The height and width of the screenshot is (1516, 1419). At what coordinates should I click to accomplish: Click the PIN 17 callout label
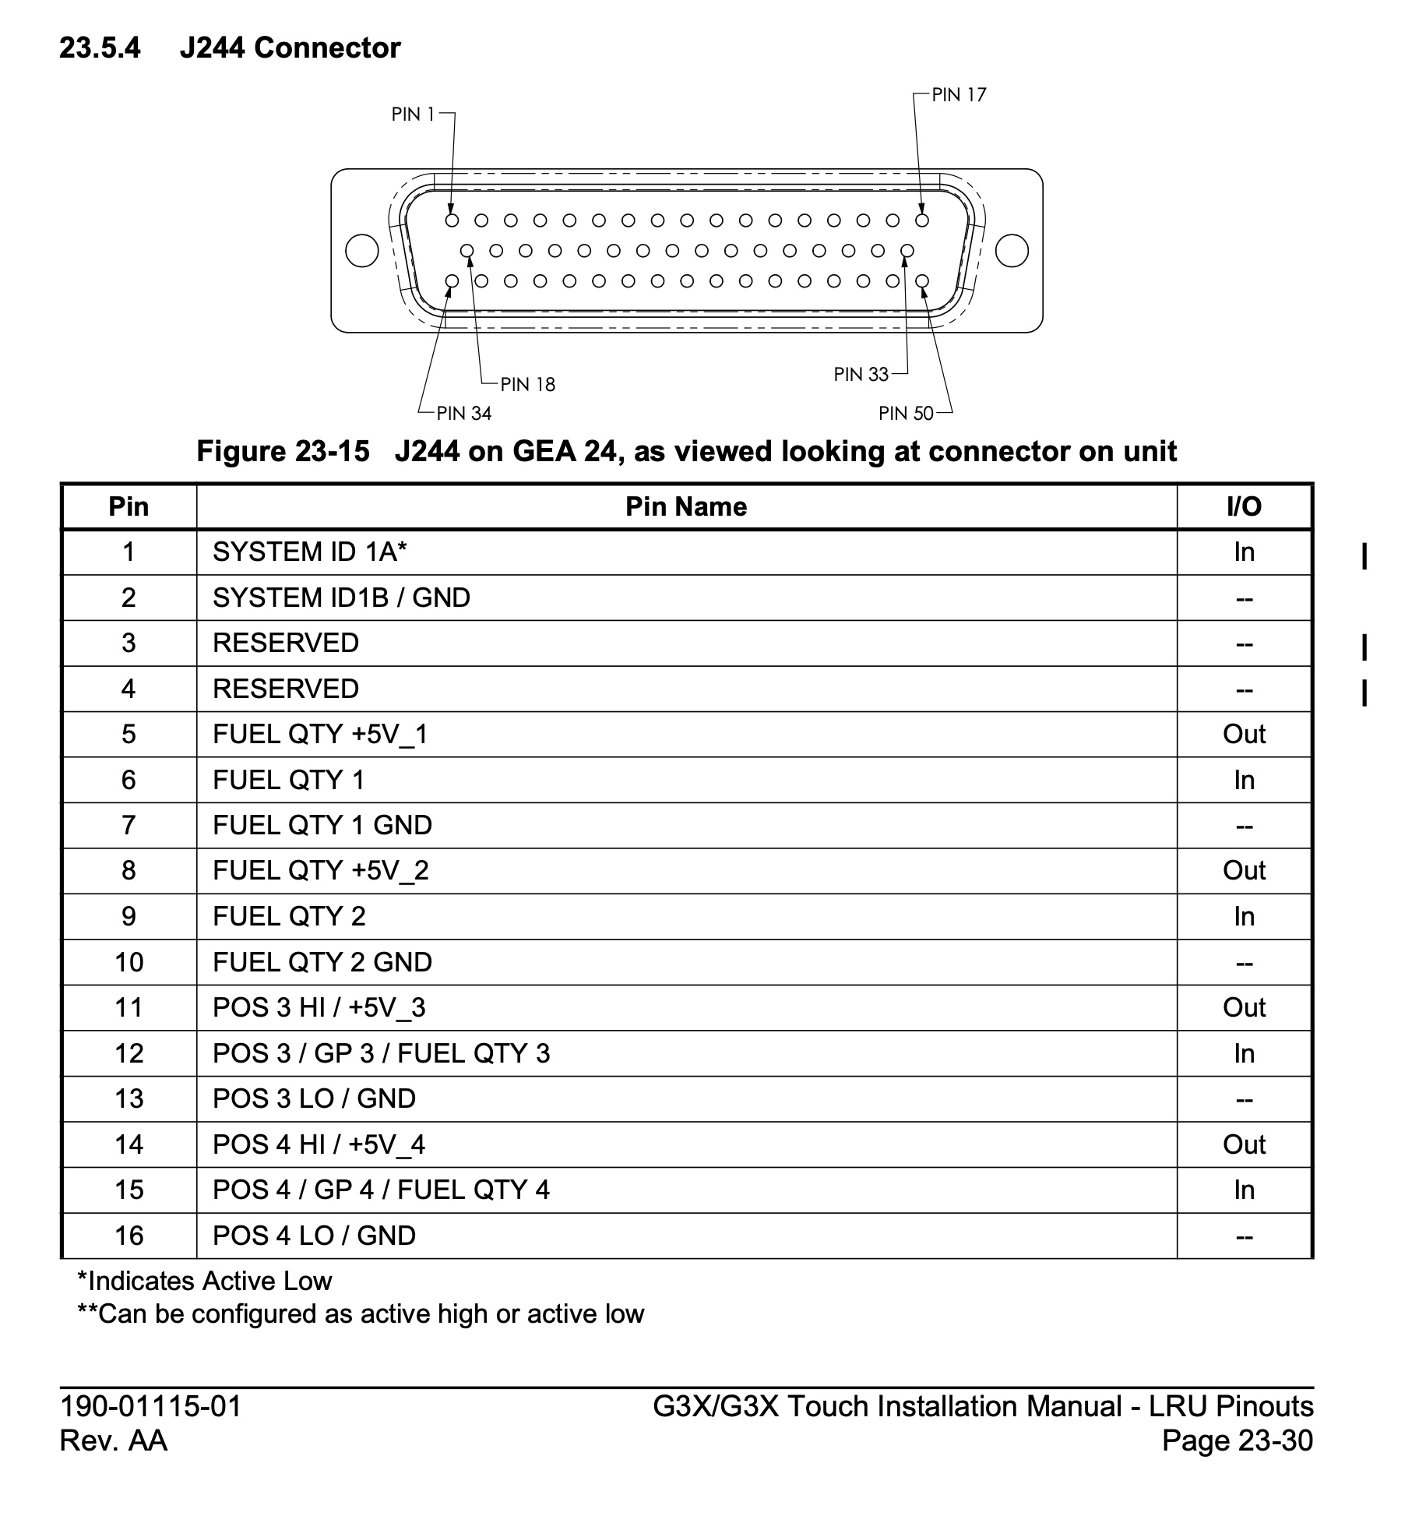(x=959, y=95)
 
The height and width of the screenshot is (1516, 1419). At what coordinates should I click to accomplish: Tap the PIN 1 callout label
(x=413, y=115)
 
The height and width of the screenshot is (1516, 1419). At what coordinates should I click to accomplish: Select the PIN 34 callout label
(x=464, y=414)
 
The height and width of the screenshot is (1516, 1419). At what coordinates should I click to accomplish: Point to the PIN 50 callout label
(x=906, y=414)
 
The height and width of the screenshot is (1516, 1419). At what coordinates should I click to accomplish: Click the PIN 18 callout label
(x=528, y=384)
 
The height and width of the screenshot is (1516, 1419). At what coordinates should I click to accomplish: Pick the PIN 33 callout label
(x=861, y=375)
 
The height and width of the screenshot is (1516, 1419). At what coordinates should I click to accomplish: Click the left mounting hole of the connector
(x=362, y=251)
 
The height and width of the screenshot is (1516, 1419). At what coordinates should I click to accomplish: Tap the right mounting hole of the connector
(x=1012, y=251)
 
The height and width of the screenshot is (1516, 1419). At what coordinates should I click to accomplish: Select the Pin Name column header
(x=686, y=507)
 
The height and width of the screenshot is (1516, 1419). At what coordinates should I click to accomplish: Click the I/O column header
(x=1244, y=507)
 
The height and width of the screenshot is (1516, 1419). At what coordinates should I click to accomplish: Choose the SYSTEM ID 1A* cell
(x=310, y=552)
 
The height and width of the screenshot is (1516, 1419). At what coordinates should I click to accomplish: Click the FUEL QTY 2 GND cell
(x=322, y=962)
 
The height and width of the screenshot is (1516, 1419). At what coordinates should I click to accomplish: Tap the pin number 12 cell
(x=129, y=1053)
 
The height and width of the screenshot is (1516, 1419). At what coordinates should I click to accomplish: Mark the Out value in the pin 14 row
(x=1244, y=1144)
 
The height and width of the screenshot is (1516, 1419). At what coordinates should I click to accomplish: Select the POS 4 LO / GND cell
(x=314, y=1236)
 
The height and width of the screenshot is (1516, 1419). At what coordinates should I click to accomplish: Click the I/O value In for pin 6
(x=1244, y=780)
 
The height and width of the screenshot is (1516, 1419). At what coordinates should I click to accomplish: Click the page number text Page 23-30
(x=1237, y=1440)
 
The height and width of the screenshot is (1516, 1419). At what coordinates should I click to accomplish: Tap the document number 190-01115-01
(x=151, y=1406)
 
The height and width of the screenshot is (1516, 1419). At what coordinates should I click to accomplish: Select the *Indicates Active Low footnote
(x=205, y=1281)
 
